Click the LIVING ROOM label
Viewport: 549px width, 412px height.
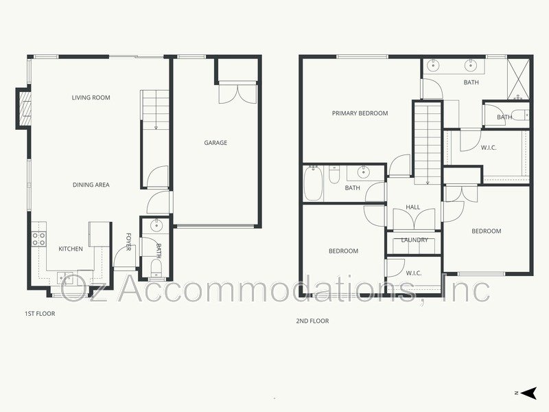pyautogui.click(x=91, y=98)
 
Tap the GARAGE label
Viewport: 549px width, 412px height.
pyautogui.click(x=215, y=143)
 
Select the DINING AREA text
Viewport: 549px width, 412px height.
pyautogui.click(x=91, y=185)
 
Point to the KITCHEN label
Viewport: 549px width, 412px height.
pyautogui.click(x=71, y=249)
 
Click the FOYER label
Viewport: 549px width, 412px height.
pyautogui.click(x=128, y=242)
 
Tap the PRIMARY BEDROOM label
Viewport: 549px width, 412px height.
pyautogui.click(x=360, y=113)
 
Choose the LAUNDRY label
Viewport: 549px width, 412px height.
pyautogui.click(x=414, y=240)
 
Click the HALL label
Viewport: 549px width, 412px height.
pyautogui.click(x=413, y=207)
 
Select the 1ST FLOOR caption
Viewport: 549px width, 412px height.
pyautogui.click(x=39, y=314)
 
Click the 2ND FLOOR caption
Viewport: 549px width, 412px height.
pyautogui.click(x=313, y=321)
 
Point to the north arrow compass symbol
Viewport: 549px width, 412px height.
pyautogui.click(x=528, y=393)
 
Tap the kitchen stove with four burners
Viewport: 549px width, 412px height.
pyautogui.click(x=39, y=239)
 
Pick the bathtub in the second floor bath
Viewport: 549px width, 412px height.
pyautogui.click(x=314, y=183)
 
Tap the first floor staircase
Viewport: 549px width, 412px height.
pyautogui.click(x=156, y=110)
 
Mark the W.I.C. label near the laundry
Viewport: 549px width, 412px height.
pyautogui.click(x=413, y=273)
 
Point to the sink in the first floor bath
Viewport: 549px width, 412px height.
pyautogui.click(x=156, y=225)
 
